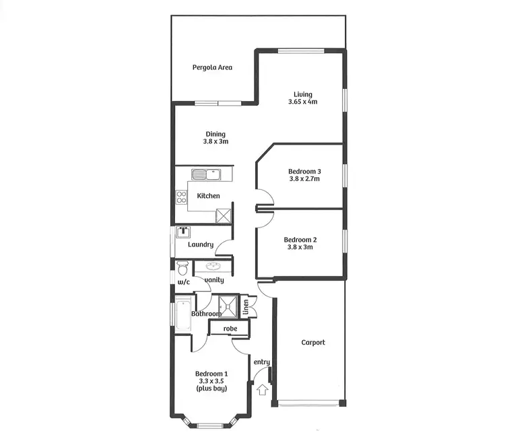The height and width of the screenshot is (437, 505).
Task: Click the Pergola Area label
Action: [x=212, y=67]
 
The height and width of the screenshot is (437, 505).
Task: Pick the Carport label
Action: [x=312, y=343]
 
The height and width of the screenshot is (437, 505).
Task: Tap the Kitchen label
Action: [x=208, y=196]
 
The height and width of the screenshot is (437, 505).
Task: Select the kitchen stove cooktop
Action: [x=181, y=197]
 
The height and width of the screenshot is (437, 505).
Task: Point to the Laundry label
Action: [x=201, y=244]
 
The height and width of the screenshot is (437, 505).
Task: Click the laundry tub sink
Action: [x=183, y=232]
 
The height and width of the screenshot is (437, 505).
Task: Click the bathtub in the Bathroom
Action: [x=182, y=314]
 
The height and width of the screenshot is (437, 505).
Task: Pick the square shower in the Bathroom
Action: [x=230, y=306]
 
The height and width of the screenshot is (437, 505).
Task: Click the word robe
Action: [x=230, y=329]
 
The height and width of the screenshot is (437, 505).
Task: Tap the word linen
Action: [x=246, y=307]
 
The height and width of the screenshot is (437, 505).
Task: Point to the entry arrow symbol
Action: [x=262, y=389]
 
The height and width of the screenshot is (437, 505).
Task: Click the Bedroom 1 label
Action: [x=211, y=374]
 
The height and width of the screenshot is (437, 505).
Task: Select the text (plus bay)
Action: [x=211, y=389]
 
